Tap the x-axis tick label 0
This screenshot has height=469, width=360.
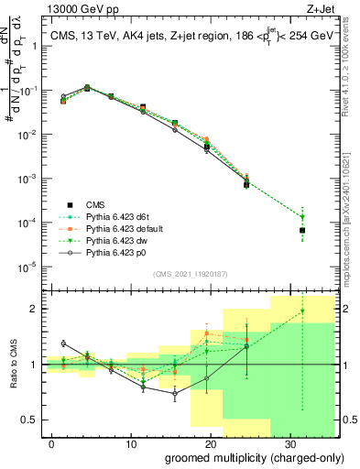(x=52, y=442)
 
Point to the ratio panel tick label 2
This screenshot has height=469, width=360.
(x=35, y=309)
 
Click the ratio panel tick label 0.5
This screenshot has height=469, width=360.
(x=31, y=420)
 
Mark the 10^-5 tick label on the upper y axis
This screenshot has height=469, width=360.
(x=30, y=267)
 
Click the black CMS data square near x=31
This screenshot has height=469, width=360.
(x=302, y=230)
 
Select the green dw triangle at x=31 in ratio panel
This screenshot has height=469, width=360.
(x=302, y=311)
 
